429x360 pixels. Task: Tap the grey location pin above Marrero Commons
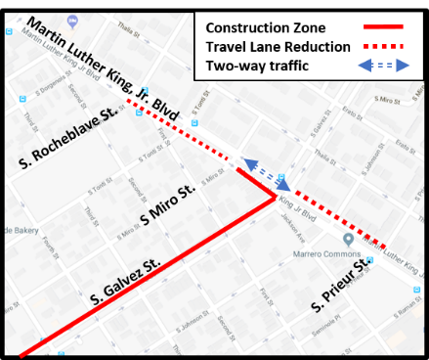point(348,240)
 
